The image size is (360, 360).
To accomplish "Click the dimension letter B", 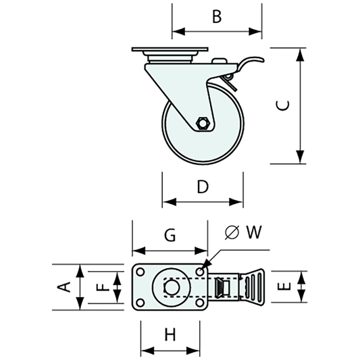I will [217, 16].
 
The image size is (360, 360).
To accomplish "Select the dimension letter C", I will [284, 105].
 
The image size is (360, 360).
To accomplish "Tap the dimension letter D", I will [203, 187].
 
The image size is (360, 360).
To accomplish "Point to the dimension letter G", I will [170, 235].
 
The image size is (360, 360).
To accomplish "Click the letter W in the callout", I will [253, 232].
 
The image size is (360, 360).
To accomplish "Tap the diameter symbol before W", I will [231, 232].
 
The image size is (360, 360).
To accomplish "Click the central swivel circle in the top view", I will [171, 287].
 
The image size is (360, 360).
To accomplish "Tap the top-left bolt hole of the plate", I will [140, 272].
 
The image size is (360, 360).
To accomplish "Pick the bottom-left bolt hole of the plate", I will [140, 302].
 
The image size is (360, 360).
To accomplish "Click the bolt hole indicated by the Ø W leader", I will [200, 272].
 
